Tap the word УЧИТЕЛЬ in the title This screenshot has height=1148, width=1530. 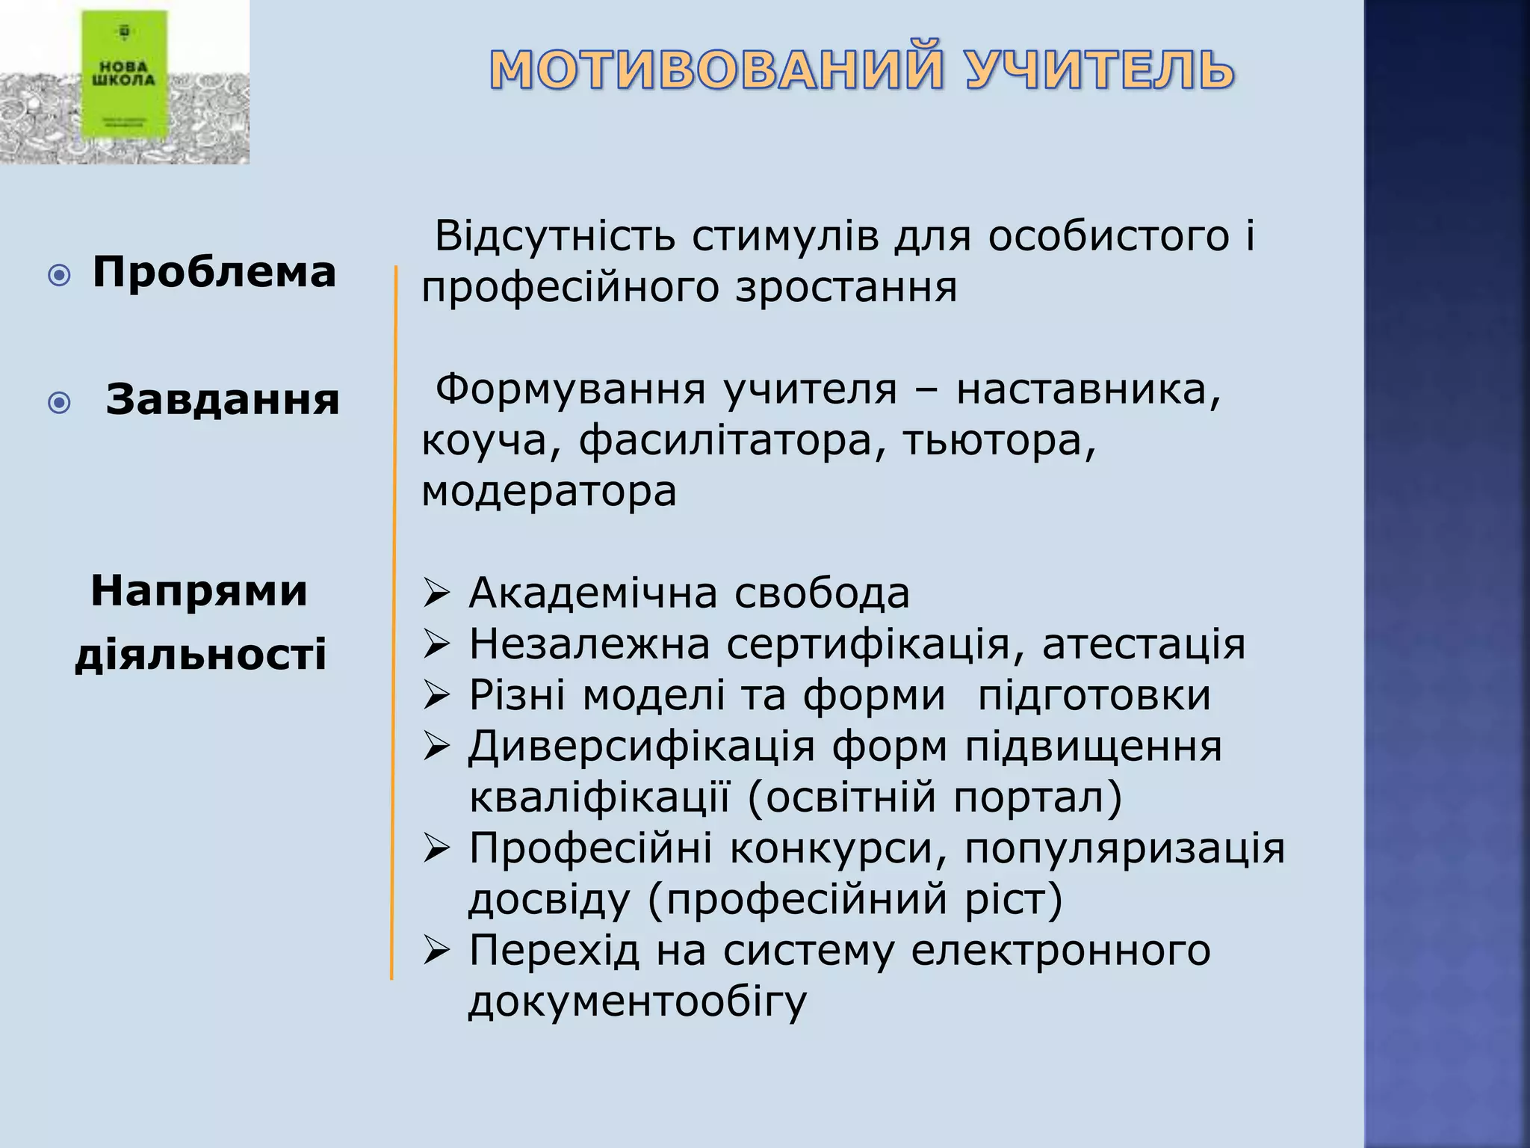[1100, 70]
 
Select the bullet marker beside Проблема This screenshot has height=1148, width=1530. [59, 276]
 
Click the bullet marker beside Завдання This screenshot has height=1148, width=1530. [59, 404]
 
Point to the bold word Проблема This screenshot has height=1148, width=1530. [214, 272]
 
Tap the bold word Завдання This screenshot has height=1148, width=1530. [223, 400]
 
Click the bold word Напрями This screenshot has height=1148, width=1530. [199, 591]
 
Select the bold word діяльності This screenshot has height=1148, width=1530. [201, 655]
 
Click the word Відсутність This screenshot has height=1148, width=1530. [555, 236]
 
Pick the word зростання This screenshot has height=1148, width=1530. [846, 288]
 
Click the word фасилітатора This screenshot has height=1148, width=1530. [725, 441]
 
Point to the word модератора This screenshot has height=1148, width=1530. [549, 492]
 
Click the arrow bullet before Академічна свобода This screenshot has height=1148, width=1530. [436, 594]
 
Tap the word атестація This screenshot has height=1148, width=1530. [1144, 644]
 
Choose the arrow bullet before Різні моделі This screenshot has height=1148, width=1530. [436, 696]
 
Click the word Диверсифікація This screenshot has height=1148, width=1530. [641, 747]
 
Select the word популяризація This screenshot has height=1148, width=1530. [1124, 849]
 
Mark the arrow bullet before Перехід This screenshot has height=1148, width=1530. [436, 951]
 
